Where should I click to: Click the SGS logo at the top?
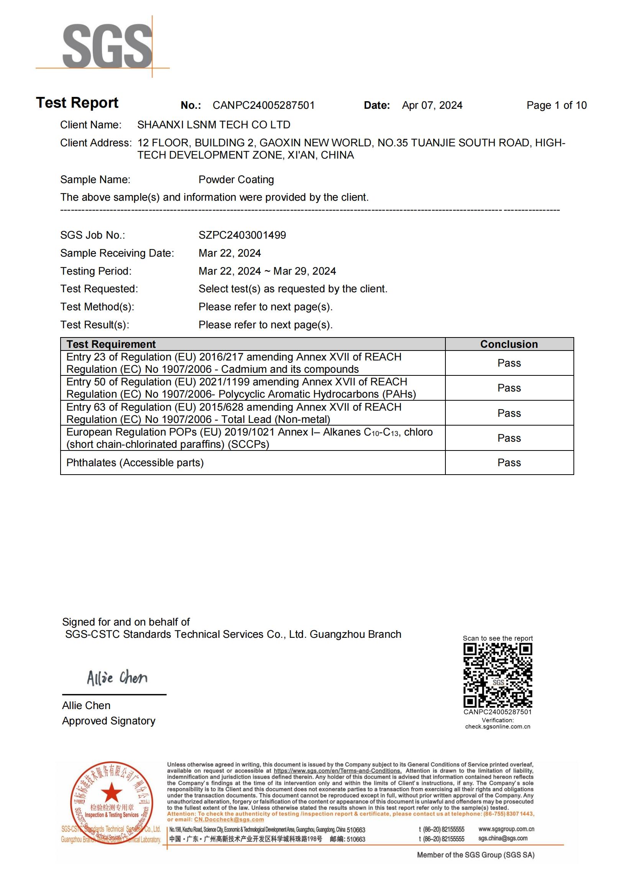(107, 46)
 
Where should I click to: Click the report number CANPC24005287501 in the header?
(263, 105)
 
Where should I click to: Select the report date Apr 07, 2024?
(432, 105)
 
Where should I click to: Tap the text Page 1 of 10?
(556, 105)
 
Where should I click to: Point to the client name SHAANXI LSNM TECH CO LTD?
(214, 125)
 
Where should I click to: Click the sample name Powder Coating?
(236, 180)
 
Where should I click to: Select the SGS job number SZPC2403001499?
(242, 235)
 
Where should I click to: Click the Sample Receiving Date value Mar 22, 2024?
(230, 253)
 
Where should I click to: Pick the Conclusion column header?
(509, 344)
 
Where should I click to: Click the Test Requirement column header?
(111, 344)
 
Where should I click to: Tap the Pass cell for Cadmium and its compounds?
(509, 363)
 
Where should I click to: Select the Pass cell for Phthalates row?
(509, 463)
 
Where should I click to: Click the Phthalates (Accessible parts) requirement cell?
(135, 463)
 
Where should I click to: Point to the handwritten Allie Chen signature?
(117, 678)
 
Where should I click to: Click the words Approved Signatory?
(108, 721)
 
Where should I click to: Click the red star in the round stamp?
(112, 792)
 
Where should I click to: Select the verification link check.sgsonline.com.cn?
(498, 727)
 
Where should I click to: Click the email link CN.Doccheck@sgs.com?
(229, 819)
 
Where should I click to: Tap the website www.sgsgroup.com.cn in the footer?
(506, 829)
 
